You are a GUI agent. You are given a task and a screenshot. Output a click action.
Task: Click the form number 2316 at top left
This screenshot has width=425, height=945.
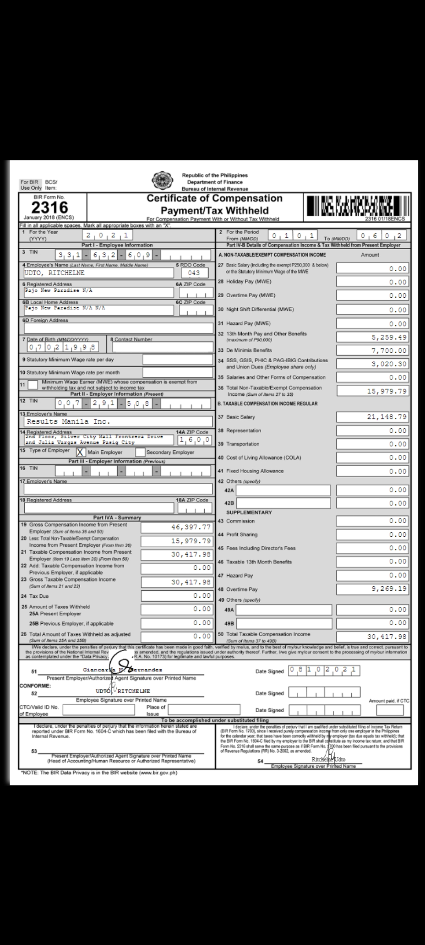[x=50, y=208]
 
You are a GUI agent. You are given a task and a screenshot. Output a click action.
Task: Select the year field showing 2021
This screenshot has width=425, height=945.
[x=107, y=235]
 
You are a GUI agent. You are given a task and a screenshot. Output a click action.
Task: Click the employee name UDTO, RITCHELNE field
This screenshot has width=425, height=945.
[x=98, y=273]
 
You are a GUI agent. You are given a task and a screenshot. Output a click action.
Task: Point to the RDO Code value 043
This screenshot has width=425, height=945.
[x=194, y=273]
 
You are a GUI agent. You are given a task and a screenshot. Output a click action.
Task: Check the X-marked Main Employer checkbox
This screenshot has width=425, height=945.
[x=80, y=452]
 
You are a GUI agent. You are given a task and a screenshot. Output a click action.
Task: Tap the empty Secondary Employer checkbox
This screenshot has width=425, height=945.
[x=140, y=452]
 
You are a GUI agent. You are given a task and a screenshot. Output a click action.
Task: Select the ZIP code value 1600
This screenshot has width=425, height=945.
[x=195, y=439]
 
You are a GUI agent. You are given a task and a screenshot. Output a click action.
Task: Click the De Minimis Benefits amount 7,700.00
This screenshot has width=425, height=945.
[x=372, y=350]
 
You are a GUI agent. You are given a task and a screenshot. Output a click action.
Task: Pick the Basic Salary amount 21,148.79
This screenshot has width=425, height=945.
[x=372, y=417]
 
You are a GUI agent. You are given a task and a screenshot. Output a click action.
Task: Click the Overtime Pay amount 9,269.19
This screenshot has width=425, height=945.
[x=372, y=589]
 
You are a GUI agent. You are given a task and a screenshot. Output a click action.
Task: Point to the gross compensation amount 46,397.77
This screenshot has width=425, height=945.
[x=177, y=527]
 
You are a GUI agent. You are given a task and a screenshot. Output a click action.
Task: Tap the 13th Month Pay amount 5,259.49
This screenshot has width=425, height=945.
[x=372, y=337]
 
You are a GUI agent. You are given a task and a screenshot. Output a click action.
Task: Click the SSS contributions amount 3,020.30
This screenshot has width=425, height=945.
[x=372, y=364]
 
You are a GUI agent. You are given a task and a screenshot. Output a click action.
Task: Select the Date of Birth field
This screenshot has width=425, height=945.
[x=63, y=347]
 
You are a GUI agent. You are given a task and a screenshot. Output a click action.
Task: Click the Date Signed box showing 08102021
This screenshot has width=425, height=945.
[x=324, y=671]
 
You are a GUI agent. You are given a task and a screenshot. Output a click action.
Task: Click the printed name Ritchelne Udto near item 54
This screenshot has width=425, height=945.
[x=328, y=760]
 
